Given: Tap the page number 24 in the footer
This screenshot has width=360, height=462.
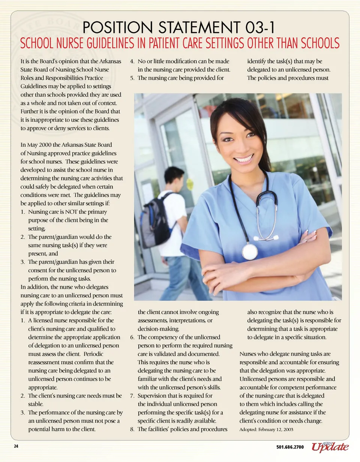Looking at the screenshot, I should pyautogui.click(x=16, y=446).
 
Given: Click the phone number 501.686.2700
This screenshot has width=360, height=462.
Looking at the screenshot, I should pyautogui.click(x=290, y=447).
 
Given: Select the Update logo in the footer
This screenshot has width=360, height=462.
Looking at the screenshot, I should pyautogui.click(x=330, y=446).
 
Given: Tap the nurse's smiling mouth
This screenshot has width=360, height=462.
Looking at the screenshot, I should pyautogui.click(x=244, y=159).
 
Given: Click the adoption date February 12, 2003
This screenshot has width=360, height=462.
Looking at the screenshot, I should pyautogui.click(x=276, y=429).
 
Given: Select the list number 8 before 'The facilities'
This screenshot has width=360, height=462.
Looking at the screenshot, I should pyautogui.click(x=132, y=429).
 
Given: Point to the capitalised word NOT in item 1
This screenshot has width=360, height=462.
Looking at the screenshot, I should pyautogui.click(x=71, y=212).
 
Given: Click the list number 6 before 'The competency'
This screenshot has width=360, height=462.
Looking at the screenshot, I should pyautogui.click(x=132, y=337).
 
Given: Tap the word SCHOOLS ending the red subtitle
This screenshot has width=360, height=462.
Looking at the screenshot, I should pyautogui.click(x=320, y=43).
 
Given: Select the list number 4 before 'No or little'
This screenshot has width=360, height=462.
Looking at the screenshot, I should pyautogui.click(x=132, y=61).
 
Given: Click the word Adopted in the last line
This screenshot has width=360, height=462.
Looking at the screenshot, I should pyautogui.click(x=248, y=429).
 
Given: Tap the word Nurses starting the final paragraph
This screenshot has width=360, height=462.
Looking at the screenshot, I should pyautogui.click(x=248, y=354).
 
